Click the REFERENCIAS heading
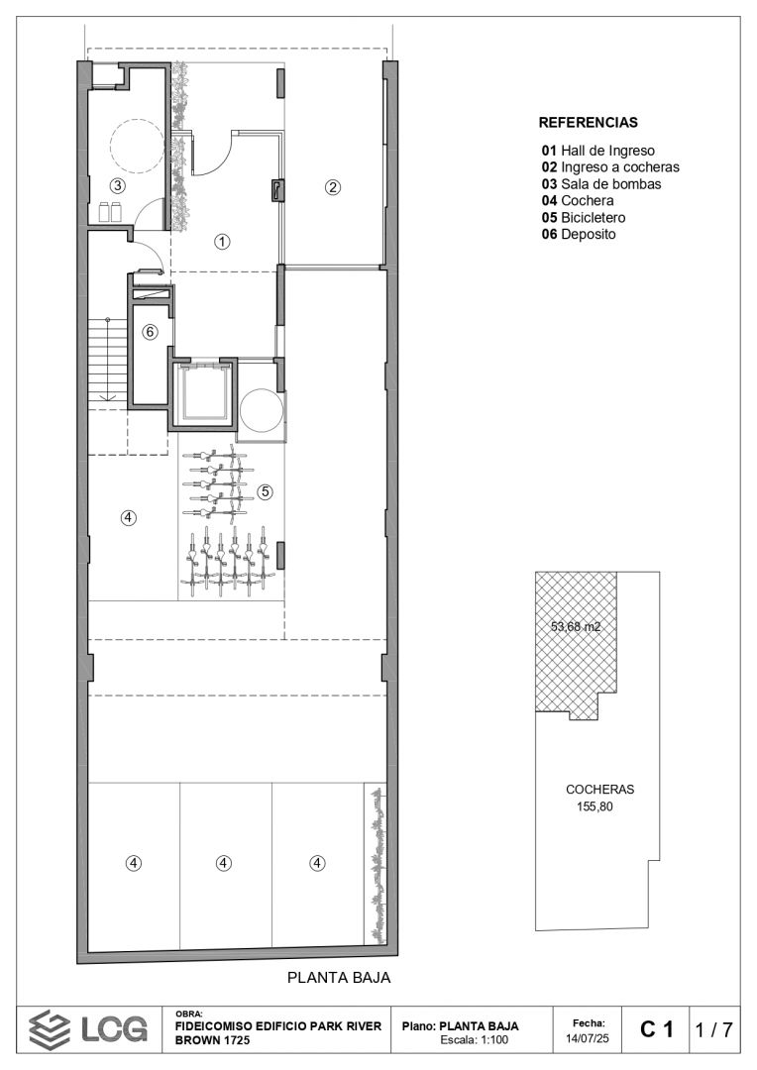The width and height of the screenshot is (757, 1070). tap(588, 123)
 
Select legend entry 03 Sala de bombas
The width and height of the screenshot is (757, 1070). tap(601, 183)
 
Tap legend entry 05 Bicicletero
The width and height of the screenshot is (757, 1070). tap(584, 218)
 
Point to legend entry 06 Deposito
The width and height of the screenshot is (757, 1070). tap(579, 234)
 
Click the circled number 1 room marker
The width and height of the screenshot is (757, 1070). tap(222, 241)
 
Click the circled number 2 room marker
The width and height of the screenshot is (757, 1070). tap(332, 186)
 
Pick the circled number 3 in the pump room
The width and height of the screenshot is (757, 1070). tap(117, 185)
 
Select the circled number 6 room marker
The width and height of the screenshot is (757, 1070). tap(150, 332)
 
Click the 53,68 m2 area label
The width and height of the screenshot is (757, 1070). tap(576, 626)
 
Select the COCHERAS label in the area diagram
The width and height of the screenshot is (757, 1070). tap(600, 789)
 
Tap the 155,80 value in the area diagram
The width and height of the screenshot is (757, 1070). tap(595, 805)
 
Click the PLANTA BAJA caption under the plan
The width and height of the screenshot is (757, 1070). tap(339, 977)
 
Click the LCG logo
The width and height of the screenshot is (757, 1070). tap(88, 1029)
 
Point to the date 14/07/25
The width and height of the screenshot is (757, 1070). tap(589, 1038)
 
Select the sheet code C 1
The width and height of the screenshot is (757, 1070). tap(657, 1029)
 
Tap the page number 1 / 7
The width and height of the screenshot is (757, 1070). tap(714, 1029)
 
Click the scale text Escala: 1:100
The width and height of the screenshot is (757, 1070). tap(475, 1040)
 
